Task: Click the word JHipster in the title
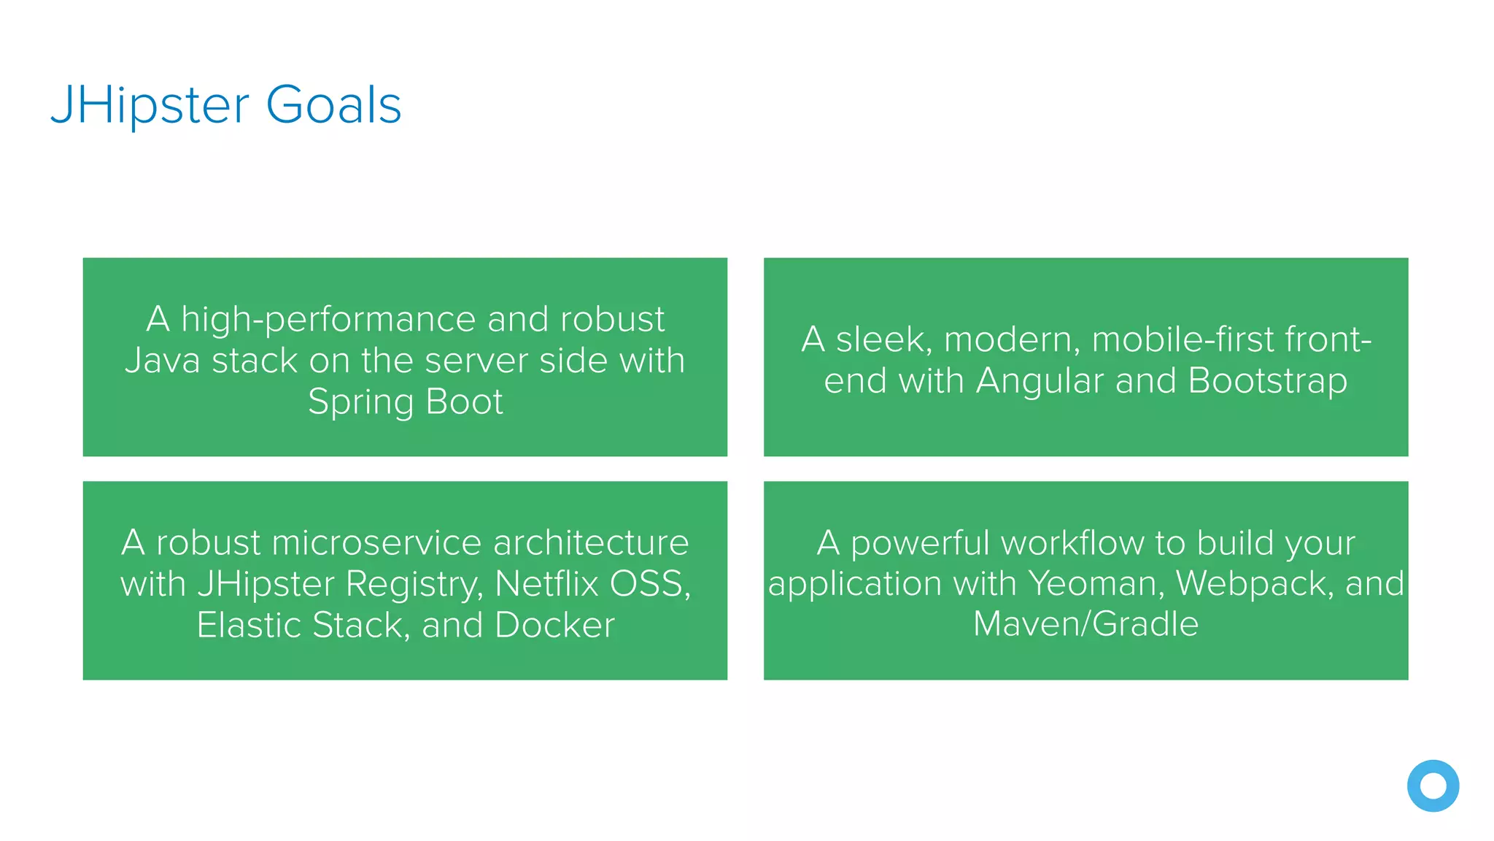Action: pyautogui.click(x=150, y=106)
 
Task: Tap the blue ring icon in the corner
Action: pyautogui.click(x=1433, y=786)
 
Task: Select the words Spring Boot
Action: pyautogui.click(x=405, y=402)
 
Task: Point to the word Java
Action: pyautogui.click(x=162, y=361)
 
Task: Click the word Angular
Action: pyautogui.click(x=1040, y=381)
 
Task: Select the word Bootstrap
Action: pyautogui.click(x=1267, y=381)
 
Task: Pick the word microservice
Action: pyautogui.click(x=376, y=543)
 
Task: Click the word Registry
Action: pyautogui.click(x=413, y=584)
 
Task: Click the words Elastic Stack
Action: pyautogui.click(x=299, y=626)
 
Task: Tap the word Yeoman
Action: pyautogui.click(x=1096, y=584)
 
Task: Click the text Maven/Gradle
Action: pyautogui.click(x=1085, y=625)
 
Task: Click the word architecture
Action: pyautogui.click(x=591, y=543)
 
